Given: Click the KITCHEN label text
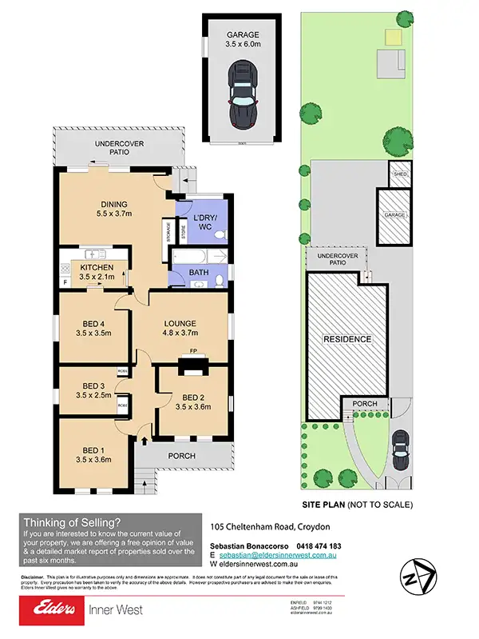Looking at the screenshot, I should pyautogui.click(x=97, y=272).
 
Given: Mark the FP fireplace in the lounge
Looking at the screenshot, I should pyautogui.click(x=192, y=351).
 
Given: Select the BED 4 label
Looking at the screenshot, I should pyautogui.click(x=95, y=327).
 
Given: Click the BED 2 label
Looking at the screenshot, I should pyautogui.click(x=194, y=402).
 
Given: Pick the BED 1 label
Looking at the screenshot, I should pyautogui.click(x=95, y=455).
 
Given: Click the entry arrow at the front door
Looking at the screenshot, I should pyautogui.click(x=144, y=438).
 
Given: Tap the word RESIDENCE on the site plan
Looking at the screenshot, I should pyautogui.click(x=347, y=339).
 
